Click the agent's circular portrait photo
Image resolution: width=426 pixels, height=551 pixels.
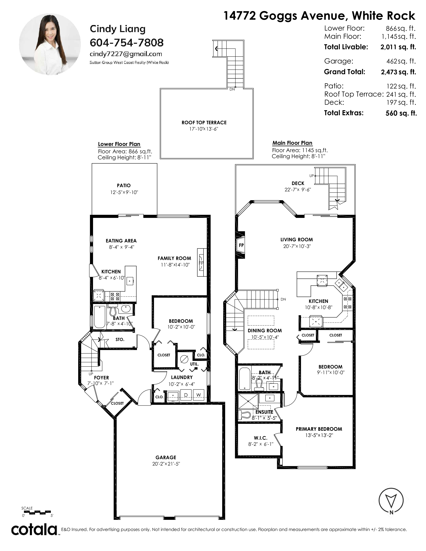click(x=50, y=44)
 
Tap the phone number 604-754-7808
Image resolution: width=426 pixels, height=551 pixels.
click(x=127, y=43)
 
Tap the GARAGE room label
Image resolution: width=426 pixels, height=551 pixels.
click(x=166, y=457)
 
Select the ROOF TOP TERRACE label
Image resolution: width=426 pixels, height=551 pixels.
click(x=204, y=123)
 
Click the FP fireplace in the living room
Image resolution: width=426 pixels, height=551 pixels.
click(x=241, y=245)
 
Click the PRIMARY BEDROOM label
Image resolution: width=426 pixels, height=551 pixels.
click(x=319, y=429)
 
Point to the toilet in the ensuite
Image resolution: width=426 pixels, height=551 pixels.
click(x=245, y=415)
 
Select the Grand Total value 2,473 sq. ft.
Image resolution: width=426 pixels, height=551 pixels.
click(x=398, y=72)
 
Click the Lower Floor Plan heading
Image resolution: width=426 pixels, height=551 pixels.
click(x=119, y=144)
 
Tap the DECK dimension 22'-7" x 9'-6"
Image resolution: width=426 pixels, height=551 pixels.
click(x=298, y=190)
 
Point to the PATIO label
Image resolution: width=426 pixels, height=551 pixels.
click(x=124, y=186)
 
